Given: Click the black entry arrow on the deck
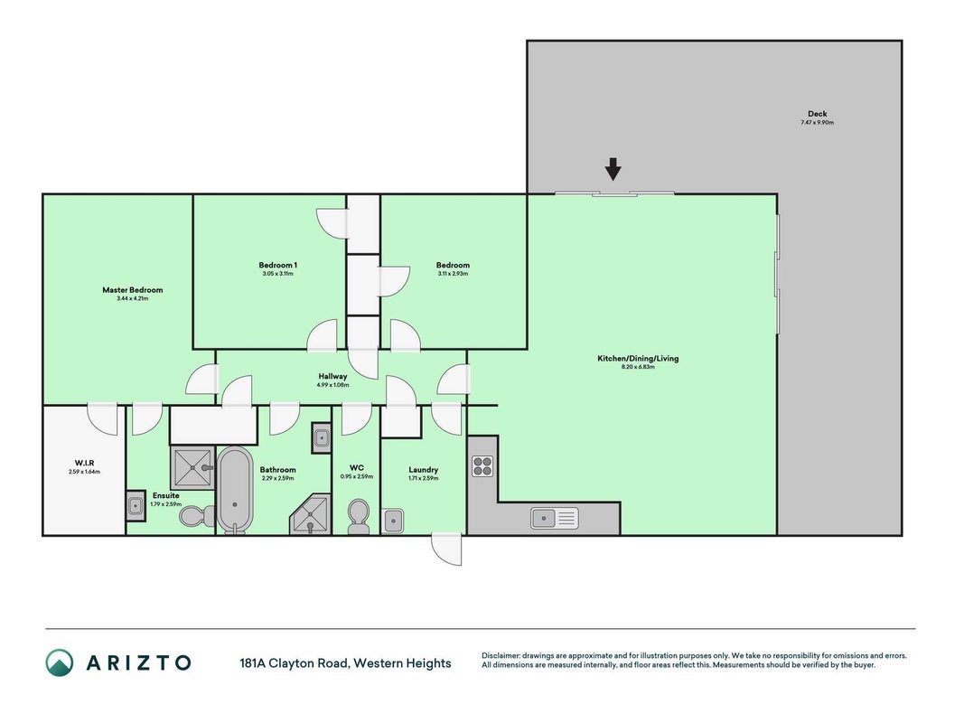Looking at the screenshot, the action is coord(613,169).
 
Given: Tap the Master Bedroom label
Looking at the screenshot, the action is coord(133,290).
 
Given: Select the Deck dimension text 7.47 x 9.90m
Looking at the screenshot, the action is coord(817,122).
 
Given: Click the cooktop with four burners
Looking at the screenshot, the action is coord(482,466).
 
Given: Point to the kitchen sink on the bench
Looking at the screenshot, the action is coord(554,518).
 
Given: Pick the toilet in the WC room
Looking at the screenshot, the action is coord(358,516).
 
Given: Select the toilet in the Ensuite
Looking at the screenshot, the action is coord(197,515).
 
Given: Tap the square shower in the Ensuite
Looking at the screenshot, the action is coord(192,468).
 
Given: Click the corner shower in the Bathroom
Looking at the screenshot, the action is coord(311,514).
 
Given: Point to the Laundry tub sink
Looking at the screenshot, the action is coord(392,521).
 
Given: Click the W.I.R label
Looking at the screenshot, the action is coord(84,463).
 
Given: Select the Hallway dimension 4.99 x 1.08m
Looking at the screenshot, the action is coord(332,385).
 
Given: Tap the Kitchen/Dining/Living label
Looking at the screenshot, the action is coord(638,359).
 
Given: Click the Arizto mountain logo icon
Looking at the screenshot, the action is coord(60,662).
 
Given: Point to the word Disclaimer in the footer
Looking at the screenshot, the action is coord(501,656).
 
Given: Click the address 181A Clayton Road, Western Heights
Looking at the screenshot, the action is coord(345,663).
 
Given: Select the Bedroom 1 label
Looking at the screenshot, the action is coord(278,266).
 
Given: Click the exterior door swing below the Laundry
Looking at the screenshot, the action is coord(446,549).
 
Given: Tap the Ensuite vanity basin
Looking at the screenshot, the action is coord(136,506).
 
